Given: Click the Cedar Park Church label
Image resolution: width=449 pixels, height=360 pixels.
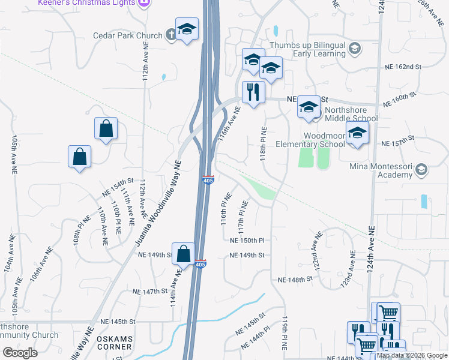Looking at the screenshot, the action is pos(128,35).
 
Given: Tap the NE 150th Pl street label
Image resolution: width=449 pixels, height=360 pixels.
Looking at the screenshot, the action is pos(247,241).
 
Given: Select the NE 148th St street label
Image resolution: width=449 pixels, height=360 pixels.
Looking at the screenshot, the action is pos(295,280).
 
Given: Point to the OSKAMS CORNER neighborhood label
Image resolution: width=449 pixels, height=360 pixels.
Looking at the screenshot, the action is pos(115,343).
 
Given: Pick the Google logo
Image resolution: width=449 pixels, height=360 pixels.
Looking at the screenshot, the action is pos(19,353).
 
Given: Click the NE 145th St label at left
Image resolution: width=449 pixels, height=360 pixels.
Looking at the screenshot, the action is pos(119,322).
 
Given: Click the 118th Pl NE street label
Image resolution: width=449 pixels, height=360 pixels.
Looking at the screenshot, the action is pos(263,144).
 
